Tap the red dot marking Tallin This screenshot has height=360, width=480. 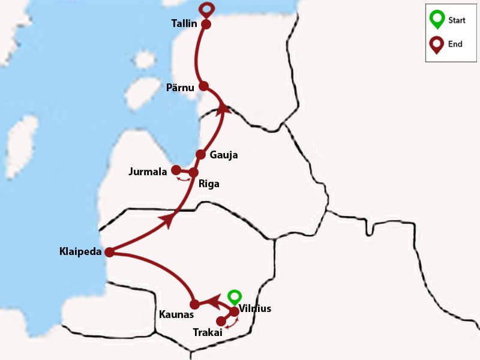[x=206, y=25]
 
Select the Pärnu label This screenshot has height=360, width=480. [x=181, y=88]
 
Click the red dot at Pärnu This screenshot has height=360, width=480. [x=203, y=86]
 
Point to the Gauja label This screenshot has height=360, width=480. [x=224, y=155]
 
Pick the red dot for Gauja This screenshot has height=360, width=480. [x=200, y=154]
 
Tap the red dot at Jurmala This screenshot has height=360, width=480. [x=176, y=170]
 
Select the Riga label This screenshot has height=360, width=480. [x=209, y=184]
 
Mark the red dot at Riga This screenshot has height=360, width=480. [x=193, y=173]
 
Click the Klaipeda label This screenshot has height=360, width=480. [x=80, y=251]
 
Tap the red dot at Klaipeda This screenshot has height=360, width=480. [x=109, y=253]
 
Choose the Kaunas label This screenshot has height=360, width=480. [x=175, y=314]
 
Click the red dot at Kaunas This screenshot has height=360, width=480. [x=194, y=304]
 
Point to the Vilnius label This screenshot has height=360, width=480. [x=255, y=309]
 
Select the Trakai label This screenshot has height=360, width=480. [x=208, y=332]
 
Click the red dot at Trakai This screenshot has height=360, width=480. [x=221, y=321]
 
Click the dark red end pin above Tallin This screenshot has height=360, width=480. [x=207, y=9]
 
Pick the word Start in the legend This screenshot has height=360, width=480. [x=457, y=20]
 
